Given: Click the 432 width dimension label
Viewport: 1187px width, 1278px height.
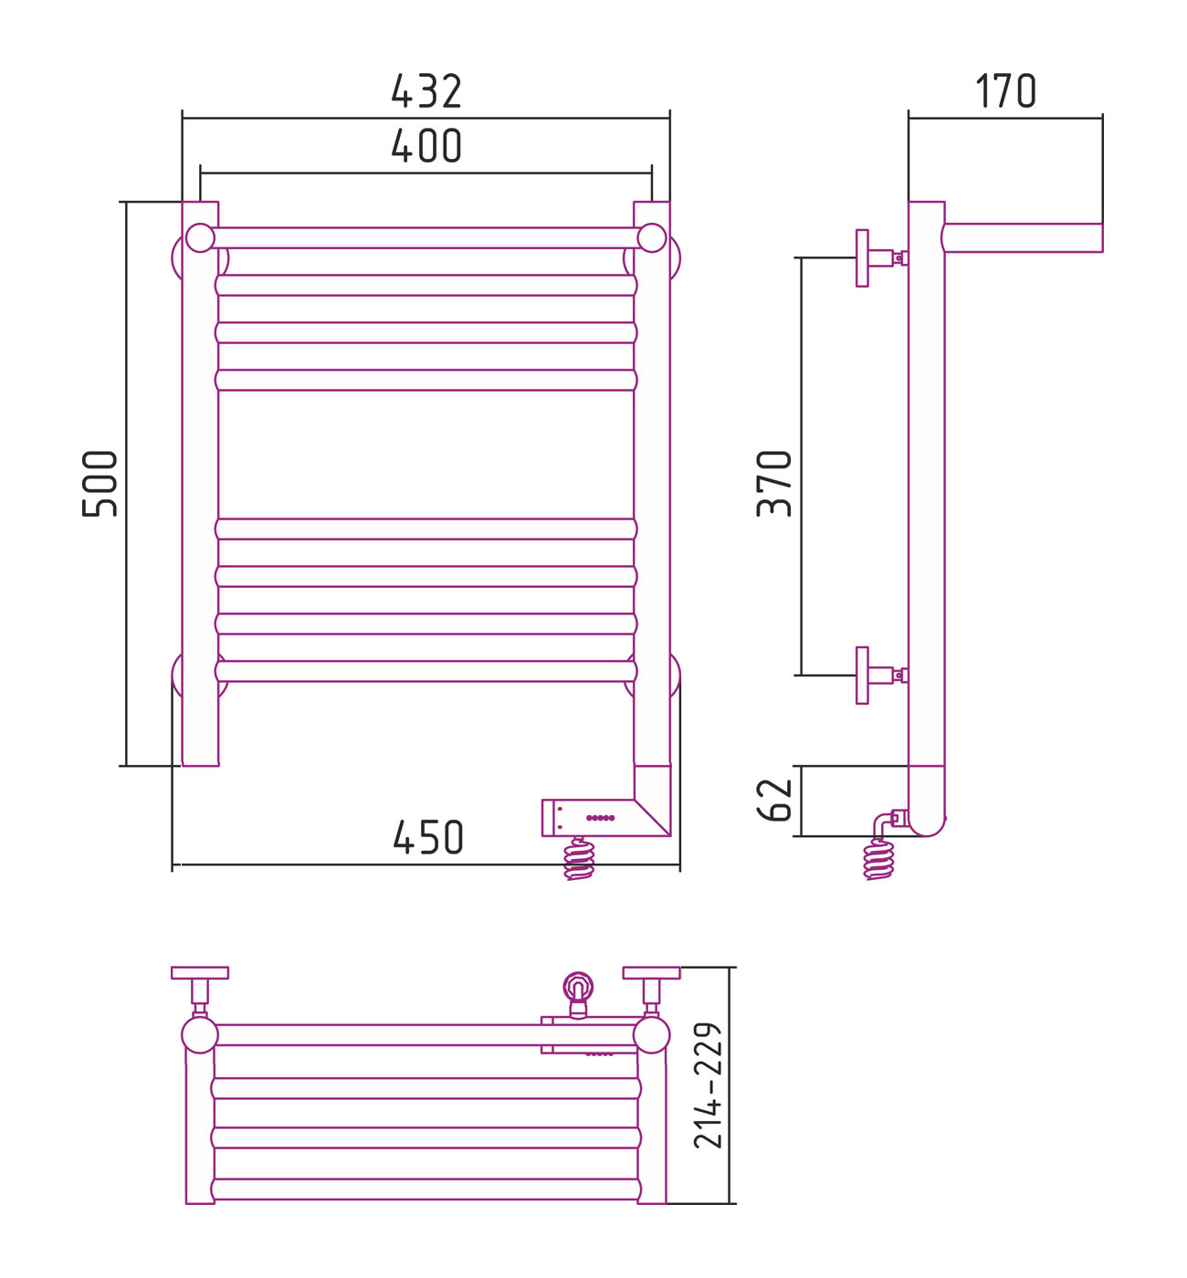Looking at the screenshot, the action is click(x=426, y=90).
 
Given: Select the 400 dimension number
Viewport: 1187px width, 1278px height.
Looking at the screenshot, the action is click(x=426, y=145).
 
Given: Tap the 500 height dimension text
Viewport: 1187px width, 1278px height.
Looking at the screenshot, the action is click(x=100, y=483).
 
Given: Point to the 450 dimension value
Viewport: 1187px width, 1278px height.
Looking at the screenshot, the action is click(x=428, y=836).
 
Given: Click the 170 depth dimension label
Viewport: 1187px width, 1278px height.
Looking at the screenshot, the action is click(x=1005, y=90).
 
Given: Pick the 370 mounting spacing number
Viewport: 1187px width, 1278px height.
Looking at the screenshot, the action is click(x=773, y=483).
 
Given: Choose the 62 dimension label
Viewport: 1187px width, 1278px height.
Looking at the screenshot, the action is click(x=773, y=800).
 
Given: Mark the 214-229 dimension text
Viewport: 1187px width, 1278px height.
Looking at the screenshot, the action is click(x=708, y=1085).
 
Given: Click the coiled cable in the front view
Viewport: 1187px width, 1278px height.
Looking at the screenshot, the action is click(x=579, y=858).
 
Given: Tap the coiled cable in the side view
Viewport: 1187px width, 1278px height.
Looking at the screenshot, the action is click(x=878, y=858).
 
